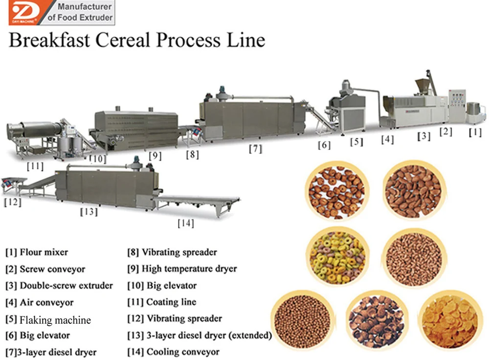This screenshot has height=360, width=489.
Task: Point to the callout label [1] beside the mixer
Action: [475, 132]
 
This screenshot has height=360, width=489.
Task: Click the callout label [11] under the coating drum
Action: [36, 166]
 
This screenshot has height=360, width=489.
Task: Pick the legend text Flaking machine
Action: [55, 320]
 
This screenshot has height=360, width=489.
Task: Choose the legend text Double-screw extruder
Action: [66, 285]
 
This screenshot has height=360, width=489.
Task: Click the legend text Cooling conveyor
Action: [183, 351]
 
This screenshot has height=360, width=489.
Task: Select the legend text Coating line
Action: [171, 302]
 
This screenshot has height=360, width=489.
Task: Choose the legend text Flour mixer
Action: [44, 252]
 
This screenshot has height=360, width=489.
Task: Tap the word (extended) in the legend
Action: [249, 335]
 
